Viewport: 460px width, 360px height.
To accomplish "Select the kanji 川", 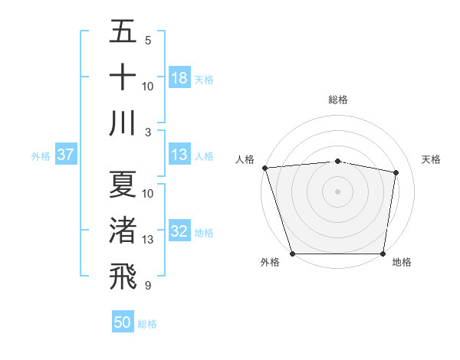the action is pyautogui.click(x=123, y=123).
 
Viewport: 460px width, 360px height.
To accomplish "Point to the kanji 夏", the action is pyautogui.click(x=123, y=185).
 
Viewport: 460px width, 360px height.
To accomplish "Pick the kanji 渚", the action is pyautogui.click(x=123, y=231).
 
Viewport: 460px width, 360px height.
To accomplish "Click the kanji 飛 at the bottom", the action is pyautogui.click(x=123, y=277).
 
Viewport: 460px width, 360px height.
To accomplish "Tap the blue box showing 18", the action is pyautogui.click(x=179, y=78).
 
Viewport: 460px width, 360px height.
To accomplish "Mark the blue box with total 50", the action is pyautogui.click(x=123, y=323).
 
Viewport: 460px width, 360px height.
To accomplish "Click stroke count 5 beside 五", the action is pyautogui.click(x=148, y=40).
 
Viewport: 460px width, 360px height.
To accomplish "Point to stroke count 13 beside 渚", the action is pyautogui.click(x=148, y=240).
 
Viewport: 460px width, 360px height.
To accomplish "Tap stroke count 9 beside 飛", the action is pyautogui.click(x=148, y=286).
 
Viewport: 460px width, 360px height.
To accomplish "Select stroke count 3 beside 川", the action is pyautogui.click(x=148, y=132).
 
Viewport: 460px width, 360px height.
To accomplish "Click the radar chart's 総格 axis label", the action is pyautogui.click(x=338, y=100).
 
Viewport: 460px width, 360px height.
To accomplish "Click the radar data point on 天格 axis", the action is pyautogui.click(x=396, y=172).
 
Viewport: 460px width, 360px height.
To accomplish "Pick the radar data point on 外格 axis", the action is pyautogui.click(x=292, y=254).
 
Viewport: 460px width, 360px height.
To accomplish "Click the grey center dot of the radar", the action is pyautogui.click(x=338, y=191).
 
